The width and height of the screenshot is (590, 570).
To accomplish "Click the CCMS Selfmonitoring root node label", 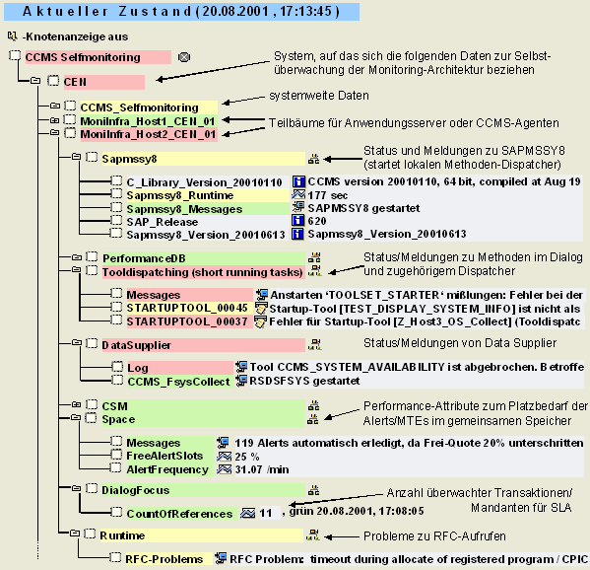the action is pos(83,57).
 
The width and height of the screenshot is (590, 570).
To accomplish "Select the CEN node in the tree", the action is pos(75,82).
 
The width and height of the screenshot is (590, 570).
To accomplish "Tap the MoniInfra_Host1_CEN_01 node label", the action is pos(148,121).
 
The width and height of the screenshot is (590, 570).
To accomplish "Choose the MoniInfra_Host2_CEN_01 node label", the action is pos(148,134).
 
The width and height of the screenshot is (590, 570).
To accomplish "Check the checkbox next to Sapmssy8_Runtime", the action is pos(116,194).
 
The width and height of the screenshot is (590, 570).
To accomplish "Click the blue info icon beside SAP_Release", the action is pos(298,221).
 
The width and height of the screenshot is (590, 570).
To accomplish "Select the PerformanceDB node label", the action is pos(144,258).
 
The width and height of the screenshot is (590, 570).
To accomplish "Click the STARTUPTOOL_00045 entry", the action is pos(187,308).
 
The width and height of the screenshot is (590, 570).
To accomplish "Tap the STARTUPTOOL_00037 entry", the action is pos(187,321).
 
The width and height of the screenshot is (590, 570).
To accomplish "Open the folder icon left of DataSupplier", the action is pos(77,343).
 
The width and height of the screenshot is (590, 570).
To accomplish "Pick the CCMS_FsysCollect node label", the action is pos(178,382).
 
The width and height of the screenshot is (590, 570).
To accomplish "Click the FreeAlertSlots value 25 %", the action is pos(247,457).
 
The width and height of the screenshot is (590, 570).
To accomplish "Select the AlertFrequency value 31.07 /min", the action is pos(262,469).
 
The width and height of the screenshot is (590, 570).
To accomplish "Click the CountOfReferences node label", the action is pos(179,514).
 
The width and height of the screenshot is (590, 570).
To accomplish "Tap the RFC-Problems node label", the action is pos(164,559).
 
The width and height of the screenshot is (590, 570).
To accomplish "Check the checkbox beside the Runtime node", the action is pos(90,534).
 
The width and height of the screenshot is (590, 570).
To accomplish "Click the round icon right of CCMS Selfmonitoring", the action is pos(184,57).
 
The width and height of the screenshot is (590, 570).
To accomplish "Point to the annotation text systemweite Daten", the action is pos(319,96).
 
